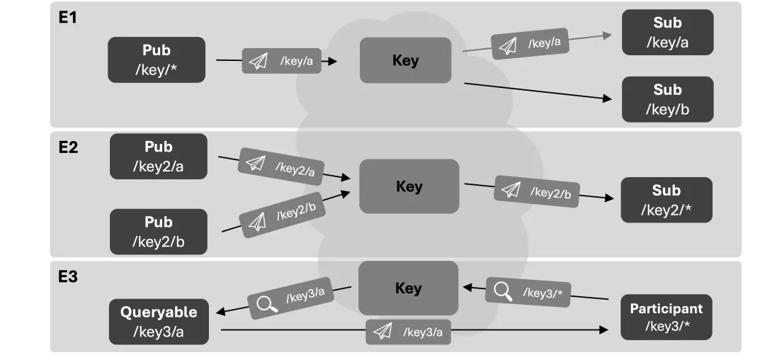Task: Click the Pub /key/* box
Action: click(157, 60)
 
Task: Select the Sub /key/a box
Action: click(667, 32)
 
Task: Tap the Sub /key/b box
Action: click(667, 99)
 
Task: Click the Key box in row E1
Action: click(405, 60)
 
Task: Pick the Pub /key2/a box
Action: click(159, 157)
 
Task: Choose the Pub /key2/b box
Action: click(159, 232)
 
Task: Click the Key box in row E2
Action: click(409, 186)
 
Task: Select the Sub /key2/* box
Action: click(667, 200)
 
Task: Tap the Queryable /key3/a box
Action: click(159, 322)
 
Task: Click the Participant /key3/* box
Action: click(667, 317)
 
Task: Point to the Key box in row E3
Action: click(409, 288)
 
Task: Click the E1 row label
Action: click(68, 18)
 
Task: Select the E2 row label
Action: click(68, 147)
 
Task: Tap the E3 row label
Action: click(68, 276)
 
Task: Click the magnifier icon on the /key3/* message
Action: click(503, 291)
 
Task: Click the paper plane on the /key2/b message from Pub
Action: click(257, 222)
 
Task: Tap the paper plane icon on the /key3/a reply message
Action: click(382, 332)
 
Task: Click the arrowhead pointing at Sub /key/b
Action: click(608, 99)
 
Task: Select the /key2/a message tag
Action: click(281, 167)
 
